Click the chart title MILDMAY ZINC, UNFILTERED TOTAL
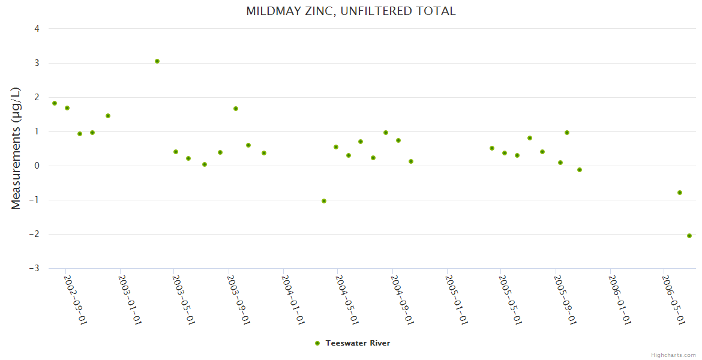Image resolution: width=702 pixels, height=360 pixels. point(350,11)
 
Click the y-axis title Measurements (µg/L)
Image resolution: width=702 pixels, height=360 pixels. point(16,148)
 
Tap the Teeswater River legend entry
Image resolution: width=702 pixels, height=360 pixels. point(358,343)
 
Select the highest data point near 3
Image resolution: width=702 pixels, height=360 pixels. point(157,61)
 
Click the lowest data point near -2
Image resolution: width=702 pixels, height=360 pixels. point(689,236)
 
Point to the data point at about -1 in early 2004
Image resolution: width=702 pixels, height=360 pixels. point(324,201)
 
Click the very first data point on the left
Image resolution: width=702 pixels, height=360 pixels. point(55,103)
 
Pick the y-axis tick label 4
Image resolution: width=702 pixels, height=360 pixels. point(37,29)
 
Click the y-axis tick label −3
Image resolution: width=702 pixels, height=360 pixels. point(35,268)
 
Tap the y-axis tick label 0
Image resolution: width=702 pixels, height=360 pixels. point(37,166)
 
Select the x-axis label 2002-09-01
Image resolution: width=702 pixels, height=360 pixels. point(76,299)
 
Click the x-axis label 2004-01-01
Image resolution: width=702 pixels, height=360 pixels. point(293,299)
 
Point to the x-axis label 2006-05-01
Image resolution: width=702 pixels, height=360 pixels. point(673,299)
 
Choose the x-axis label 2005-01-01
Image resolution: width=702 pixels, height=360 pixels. point(457,299)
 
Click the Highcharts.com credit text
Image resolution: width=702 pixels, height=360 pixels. point(673,355)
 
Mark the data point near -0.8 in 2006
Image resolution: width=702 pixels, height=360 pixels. point(680,193)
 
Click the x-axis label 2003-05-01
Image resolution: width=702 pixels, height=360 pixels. point(184,299)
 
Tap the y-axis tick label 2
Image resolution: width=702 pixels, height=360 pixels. point(37,97)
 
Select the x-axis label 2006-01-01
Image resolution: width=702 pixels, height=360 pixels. point(620,299)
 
